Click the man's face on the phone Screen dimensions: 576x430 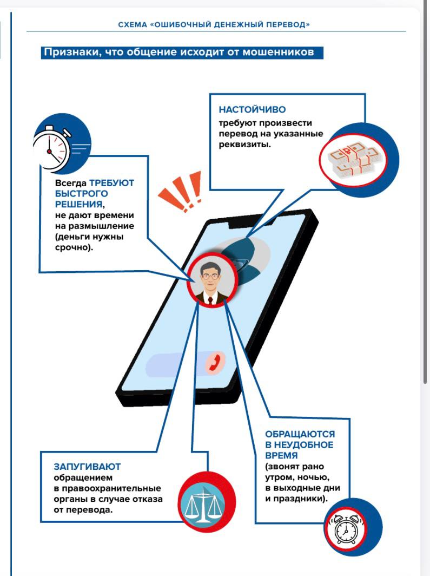(210, 280)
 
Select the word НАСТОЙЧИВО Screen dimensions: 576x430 (252, 110)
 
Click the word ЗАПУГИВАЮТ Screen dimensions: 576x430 (87, 466)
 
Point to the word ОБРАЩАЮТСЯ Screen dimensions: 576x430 (300, 434)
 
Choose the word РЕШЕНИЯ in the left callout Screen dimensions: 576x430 (78, 204)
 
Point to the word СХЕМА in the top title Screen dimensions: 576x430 (132, 24)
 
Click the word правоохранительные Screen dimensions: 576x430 (111, 488)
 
